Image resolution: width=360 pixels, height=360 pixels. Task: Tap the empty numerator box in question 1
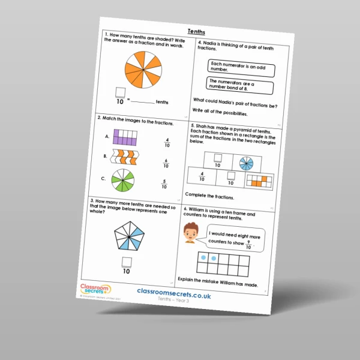pyautogui.click(x=121, y=92)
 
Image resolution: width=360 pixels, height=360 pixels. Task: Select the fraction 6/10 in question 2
pyautogui.click(x=167, y=164)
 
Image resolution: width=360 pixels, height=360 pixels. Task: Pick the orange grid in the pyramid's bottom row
pyautogui.click(x=260, y=181)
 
